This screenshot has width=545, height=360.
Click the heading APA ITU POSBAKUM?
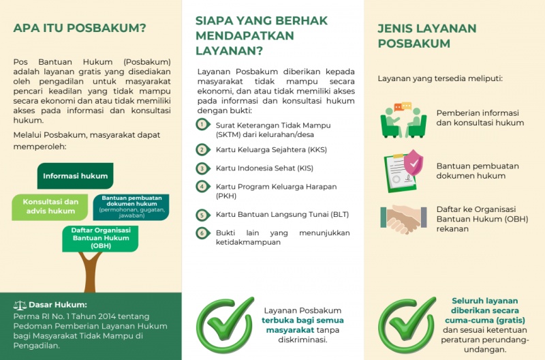pos(80,28)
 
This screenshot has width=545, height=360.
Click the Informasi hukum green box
pos(75,176)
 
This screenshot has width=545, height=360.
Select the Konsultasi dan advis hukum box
pos(50,207)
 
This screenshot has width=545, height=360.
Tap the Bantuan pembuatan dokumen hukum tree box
pos(131,205)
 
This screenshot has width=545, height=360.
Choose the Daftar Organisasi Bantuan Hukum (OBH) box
pos(101,238)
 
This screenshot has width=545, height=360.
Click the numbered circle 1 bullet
pos(202,124)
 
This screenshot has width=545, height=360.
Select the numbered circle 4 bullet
pos(202,185)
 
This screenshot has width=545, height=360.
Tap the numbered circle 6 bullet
pos(202,233)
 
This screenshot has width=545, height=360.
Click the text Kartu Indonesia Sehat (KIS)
pos(264,168)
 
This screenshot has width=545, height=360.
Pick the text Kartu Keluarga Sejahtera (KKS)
pos(272,149)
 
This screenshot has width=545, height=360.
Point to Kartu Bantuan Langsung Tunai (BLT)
pos(282,215)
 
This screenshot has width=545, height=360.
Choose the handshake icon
pos(403,218)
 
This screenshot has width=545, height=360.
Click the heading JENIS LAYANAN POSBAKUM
pos(426,36)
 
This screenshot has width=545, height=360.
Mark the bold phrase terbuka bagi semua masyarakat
pos(302,325)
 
